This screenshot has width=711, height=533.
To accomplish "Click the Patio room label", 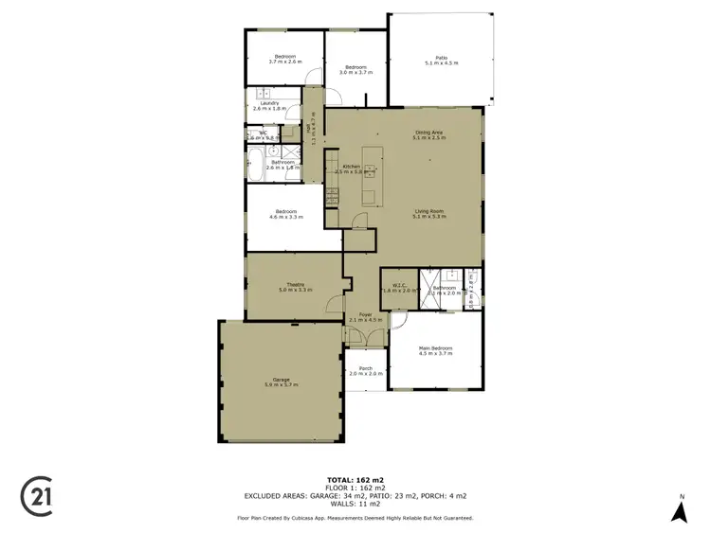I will (441, 60).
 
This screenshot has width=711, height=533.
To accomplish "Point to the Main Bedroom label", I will (436, 348).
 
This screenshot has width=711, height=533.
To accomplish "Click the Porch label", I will (365, 369).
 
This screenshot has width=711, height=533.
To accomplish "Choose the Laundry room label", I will (270, 104).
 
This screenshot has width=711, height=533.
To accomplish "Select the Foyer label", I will (365, 316).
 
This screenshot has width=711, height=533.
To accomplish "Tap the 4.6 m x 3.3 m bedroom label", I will (286, 215).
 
